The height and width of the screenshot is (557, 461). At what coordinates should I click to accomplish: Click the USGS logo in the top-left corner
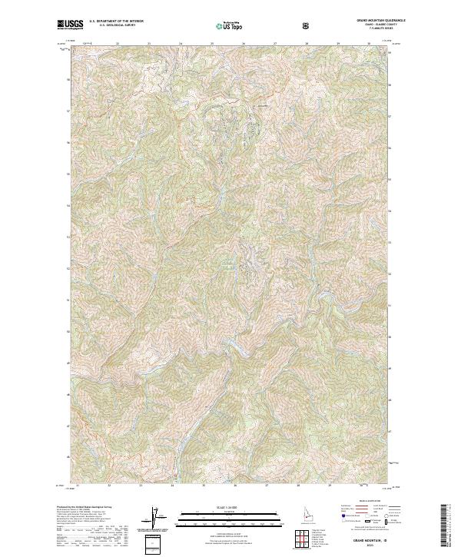pos(70,25)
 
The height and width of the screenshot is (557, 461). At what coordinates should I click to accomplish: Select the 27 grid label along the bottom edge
pos(266,486)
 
